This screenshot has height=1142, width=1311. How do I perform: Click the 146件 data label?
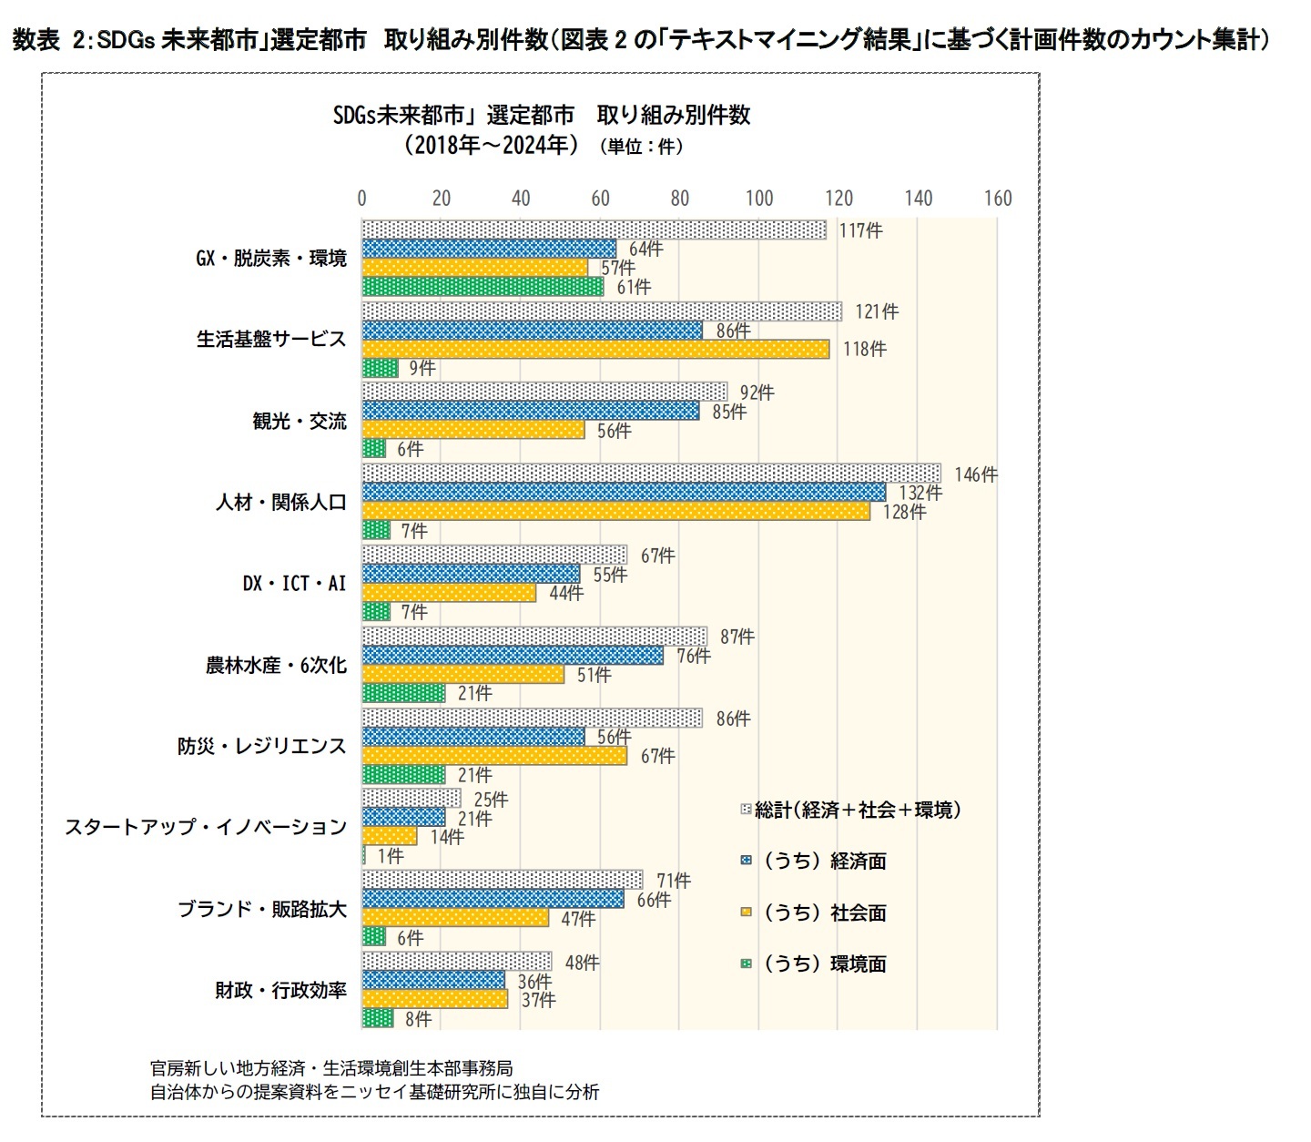[x=975, y=474]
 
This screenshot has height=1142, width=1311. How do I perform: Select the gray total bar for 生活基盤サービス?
[x=601, y=311]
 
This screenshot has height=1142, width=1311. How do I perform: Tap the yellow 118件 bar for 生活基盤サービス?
[x=595, y=349]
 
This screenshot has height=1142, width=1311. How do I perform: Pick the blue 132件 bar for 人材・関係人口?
[x=624, y=493]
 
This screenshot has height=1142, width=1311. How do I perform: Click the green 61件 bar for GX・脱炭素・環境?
[x=483, y=287]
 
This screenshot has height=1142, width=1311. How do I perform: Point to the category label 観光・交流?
[x=299, y=421]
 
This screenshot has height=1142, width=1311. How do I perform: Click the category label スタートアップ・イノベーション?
[x=205, y=827]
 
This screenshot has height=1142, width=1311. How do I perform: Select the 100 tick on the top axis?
[x=759, y=199]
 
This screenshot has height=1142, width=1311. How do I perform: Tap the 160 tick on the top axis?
[x=998, y=199]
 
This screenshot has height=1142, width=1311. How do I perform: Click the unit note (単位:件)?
[x=641, y=147]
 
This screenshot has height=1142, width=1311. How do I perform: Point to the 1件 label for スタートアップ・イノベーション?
[x=390, y=856]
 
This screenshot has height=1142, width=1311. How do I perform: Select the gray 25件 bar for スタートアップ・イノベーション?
[x=412, y=799]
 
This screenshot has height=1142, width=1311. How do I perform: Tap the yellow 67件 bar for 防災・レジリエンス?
[x=494, y=756]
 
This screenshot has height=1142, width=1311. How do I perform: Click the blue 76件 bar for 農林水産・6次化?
[x=513, y=656]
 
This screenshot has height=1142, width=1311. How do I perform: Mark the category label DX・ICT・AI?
[x=294, y=583]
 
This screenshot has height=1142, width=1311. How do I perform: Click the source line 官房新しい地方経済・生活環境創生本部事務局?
[x=331, y=1067]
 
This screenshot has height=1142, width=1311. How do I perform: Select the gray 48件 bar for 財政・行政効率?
[x=457, y=962]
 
